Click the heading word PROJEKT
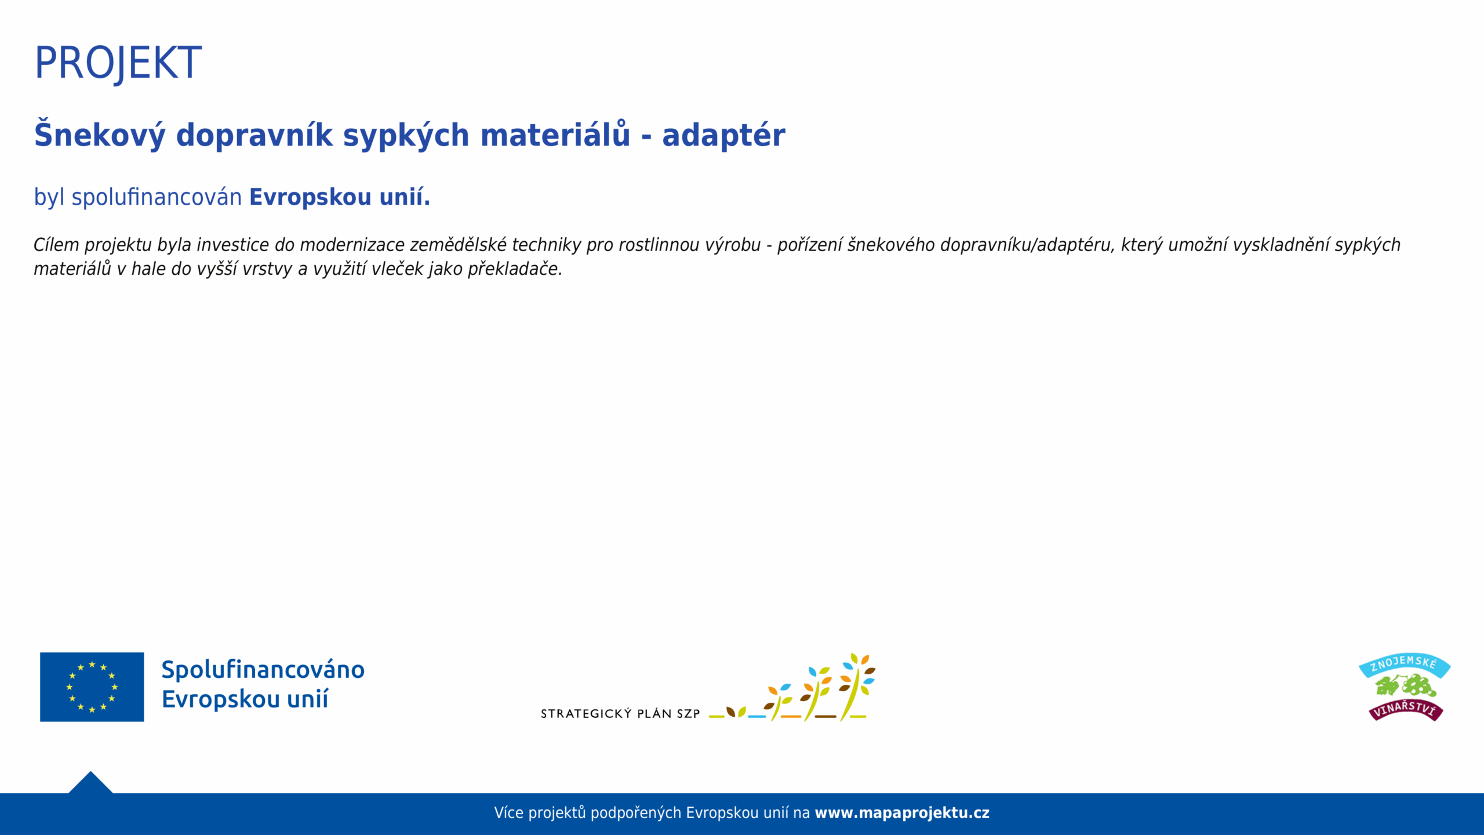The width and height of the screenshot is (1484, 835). pyautogui.click(x=118, y=63)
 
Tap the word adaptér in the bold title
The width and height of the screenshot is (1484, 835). pyautogui.click(x=723, y=136)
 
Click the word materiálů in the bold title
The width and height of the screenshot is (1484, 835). pyautogui.click(x=555, y=134)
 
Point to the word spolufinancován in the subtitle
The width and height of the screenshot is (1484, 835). pyautogui.click(x=157, y=197)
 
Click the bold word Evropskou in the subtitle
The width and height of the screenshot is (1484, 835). pyautogui.click(x=310, y=198)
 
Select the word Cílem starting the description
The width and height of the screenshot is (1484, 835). pyautogui.click(x=56, y=245)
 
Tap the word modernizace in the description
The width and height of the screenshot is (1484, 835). pyautogui.click(x=352, y=245)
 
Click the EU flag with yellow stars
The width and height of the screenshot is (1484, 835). pyautogui.click(x=92, y=687)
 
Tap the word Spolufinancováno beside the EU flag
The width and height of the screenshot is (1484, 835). pyautogui.click(x=263, y=670)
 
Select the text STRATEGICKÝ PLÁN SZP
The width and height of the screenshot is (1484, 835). pyautogui.click(x=620, y=714)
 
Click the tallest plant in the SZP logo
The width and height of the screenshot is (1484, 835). pyautogui.click(x=857, y=687)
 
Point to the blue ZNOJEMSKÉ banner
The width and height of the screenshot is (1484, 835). pyautogui.click(x=1405, y=665)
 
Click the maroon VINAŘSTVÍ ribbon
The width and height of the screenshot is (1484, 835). pyautogui.click(x=1406, y=710)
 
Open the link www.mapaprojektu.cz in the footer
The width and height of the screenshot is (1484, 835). pyautogui.click(x=902, y=813)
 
